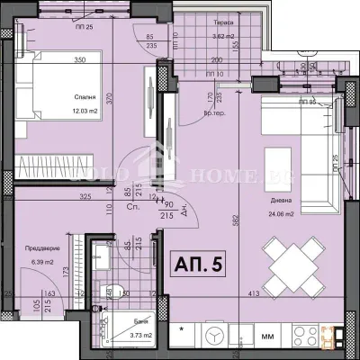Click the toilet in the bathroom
click(x=114, y=291)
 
